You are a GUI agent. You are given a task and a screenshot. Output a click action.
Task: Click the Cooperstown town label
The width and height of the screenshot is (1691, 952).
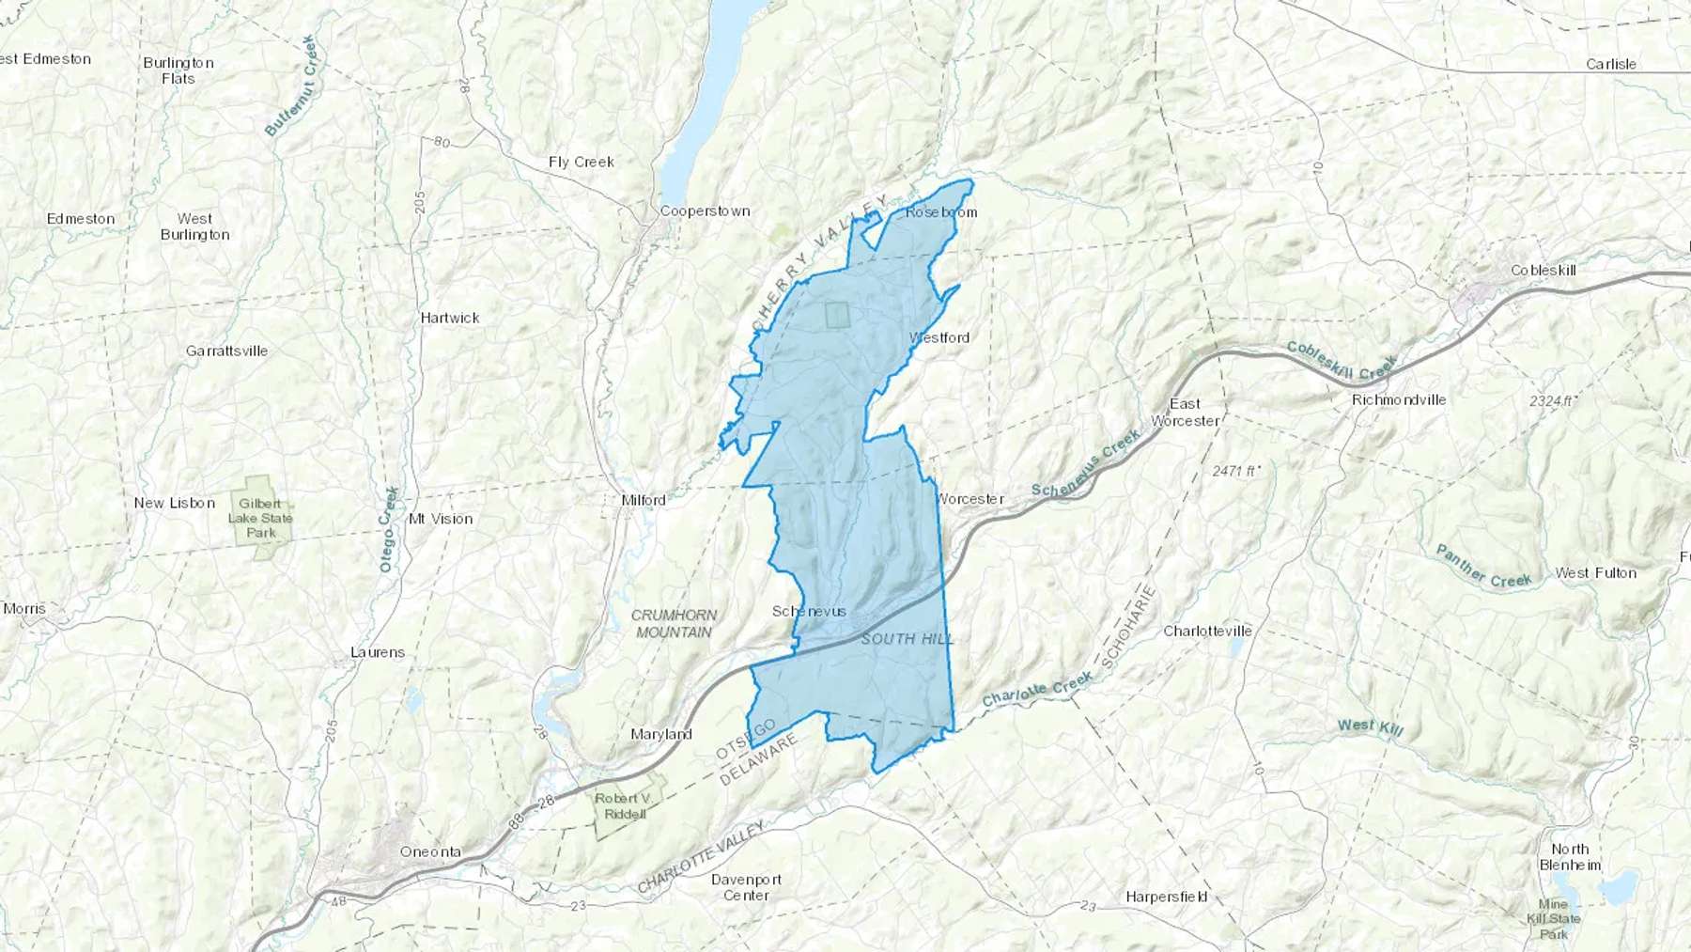point(705,211)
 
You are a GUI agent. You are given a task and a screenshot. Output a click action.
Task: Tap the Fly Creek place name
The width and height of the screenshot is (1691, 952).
point(581,162)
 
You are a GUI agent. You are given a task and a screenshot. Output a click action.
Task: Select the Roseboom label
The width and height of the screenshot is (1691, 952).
point(940,212)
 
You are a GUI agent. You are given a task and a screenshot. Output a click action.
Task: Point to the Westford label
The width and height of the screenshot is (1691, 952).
point(939,337)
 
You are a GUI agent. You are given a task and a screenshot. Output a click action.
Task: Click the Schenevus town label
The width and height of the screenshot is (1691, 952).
point(809,612)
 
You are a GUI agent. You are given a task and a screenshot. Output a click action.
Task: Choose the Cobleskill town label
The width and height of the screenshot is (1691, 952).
point(1543,271)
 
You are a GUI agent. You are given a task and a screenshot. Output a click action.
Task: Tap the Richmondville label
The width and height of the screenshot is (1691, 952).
point(1398,399)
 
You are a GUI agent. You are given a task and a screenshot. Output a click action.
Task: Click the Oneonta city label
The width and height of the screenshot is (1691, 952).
point(430,852)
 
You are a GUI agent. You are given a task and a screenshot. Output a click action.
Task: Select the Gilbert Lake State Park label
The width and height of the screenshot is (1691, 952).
point(260,518)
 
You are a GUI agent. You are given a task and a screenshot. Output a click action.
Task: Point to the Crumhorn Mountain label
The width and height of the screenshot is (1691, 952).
point(674,624)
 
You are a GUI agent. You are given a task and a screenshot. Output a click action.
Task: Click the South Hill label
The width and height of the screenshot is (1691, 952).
point(908,639)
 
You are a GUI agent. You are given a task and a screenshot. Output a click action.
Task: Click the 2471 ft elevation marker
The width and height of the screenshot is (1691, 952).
point(1235,471)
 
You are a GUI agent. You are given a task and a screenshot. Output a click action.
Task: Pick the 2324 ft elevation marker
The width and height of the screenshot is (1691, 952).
point(1552,401)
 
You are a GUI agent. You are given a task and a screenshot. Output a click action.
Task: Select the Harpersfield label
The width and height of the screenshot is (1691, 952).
point(1166,897)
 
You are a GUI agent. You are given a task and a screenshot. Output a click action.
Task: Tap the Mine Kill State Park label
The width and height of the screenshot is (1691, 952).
point(1553,919)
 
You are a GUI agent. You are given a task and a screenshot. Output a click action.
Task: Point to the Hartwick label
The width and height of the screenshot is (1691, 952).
point(450,319)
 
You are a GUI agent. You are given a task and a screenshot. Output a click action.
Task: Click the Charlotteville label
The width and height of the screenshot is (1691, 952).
point(1207,631)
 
